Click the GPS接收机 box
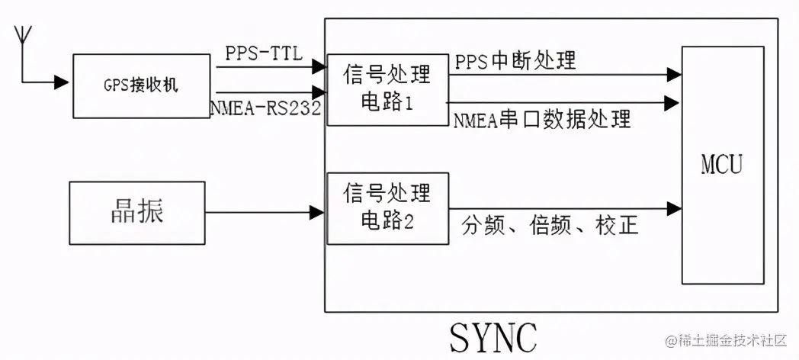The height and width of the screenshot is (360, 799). pos(142,85)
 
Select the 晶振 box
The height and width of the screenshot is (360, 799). pos(137,212)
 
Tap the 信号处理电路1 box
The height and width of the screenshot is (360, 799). pos(387,88)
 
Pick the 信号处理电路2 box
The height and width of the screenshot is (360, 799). pos(387,208)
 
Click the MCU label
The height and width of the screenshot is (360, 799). pos(722,165)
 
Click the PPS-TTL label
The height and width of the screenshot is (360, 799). pos(264,53)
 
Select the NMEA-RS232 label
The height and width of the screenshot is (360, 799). pos(265,110)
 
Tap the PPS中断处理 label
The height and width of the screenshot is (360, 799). pos(515,61)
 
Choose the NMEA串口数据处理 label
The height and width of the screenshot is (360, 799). pos(542,120)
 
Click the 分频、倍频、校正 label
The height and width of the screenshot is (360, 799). pos(550,227)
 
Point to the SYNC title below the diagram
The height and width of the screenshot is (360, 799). pos(493,336)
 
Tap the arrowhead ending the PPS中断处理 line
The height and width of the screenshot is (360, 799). pos(673,74)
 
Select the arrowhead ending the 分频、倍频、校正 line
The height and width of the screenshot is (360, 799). pos(673,208)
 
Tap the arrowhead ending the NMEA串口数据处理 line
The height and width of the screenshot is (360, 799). pos(673,101)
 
